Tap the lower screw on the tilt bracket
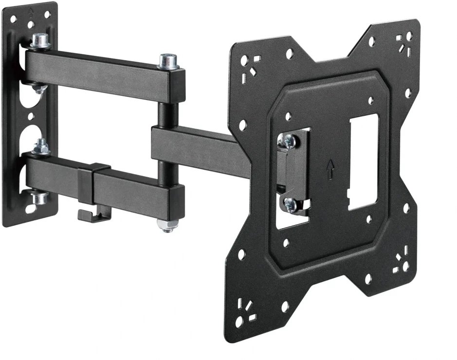pyautogui.click(x=291, y=205)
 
